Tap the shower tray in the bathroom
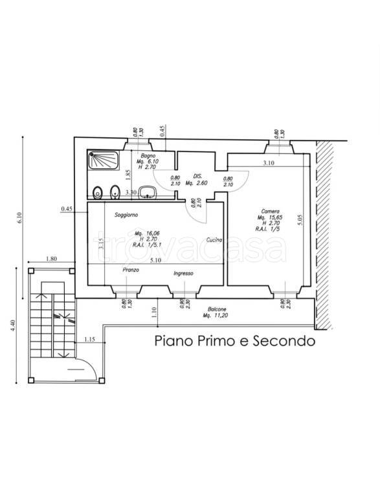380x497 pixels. [104, 159]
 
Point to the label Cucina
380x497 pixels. [215, 240]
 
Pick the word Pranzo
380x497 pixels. [131, 270]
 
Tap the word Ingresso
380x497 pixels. [184, 274]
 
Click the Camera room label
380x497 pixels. [271, 211]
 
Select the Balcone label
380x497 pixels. [217, 309]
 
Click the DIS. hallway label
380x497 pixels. [198, 176]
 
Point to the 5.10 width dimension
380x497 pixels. [155, 261]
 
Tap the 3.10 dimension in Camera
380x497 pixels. [268, 163]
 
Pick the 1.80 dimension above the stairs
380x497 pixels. [51, 260]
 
